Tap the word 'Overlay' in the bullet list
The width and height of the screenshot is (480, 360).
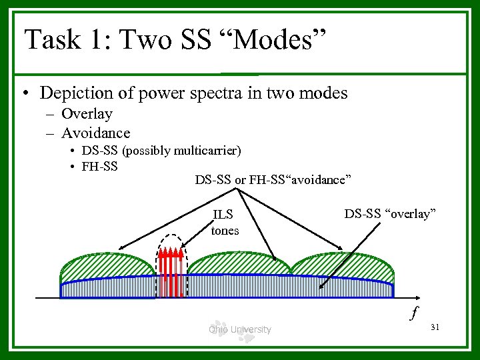click(x=87, y=114)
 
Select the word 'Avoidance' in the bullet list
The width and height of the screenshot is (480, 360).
click(x=95, y=133)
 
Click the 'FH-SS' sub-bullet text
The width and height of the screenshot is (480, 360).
click(x=99, y=166)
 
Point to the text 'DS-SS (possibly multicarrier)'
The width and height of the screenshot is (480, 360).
click(x=161, y=151)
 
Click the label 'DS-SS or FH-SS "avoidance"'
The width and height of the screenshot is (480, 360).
click(x=273, y=180)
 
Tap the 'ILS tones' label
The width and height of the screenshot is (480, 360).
click(x=225, y=223)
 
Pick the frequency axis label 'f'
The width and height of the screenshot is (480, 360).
click(x=415, y=312)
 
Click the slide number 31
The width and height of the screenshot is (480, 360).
click(x=437, y=327)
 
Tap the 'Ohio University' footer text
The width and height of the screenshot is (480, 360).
click(x=239, y=329)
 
